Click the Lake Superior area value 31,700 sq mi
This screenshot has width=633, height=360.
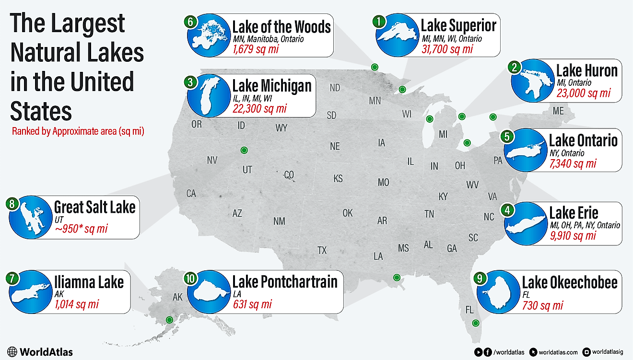447,49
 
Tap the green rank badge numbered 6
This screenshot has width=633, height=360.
190,22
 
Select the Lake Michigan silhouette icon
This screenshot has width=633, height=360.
207,96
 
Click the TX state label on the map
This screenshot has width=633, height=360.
322,250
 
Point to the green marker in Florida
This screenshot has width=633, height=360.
475,323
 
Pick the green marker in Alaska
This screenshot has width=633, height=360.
169,320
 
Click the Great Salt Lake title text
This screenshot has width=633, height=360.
94,207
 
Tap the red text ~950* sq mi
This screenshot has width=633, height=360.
81,229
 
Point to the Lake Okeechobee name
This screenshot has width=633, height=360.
569,282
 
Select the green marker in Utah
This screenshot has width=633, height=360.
244,150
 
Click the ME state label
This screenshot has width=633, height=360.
558,111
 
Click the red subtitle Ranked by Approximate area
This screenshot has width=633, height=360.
78,131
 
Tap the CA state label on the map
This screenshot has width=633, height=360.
191,194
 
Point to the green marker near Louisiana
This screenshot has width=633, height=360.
397,277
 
